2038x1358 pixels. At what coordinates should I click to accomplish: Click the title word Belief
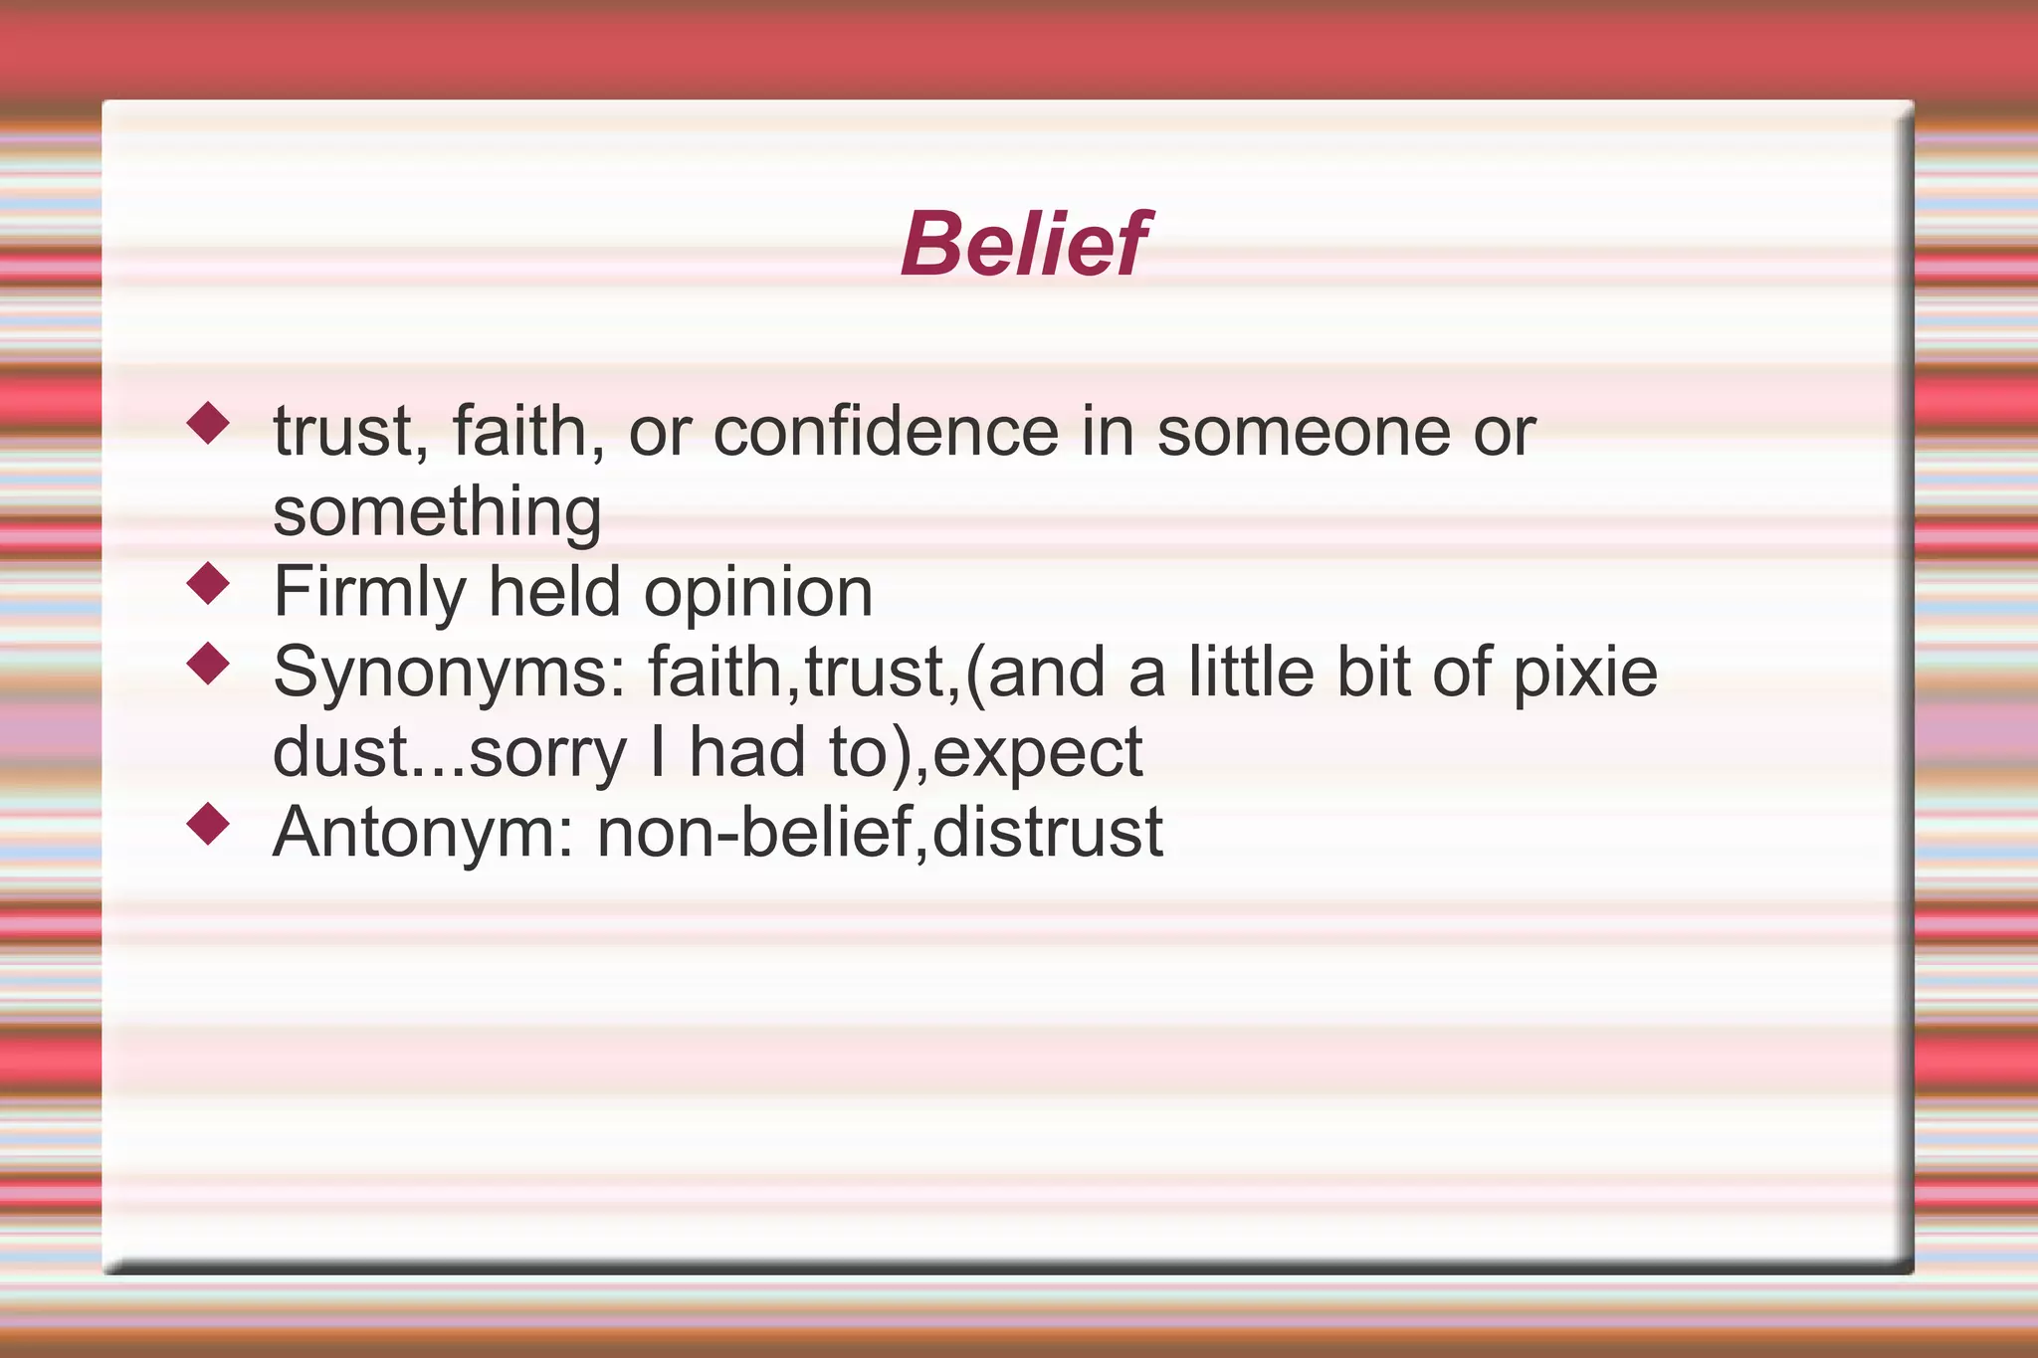click(1025, 244)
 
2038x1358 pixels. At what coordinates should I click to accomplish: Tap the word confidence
click(886, 432)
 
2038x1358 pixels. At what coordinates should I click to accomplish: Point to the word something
click(437, 511)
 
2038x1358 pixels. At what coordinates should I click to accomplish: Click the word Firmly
click(369, 592)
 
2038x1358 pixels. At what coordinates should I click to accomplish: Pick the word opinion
click(758, 592)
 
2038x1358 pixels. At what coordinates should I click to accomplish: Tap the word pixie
click(1585, 673)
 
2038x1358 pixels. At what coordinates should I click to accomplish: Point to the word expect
click(1038, 753)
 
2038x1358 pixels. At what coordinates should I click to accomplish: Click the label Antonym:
click(423, 832)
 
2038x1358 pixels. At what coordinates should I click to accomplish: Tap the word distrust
click(1048, 832)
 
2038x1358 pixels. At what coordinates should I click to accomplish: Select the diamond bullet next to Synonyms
click(208, 663)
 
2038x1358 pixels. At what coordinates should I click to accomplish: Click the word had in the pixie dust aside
click(747, 753)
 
